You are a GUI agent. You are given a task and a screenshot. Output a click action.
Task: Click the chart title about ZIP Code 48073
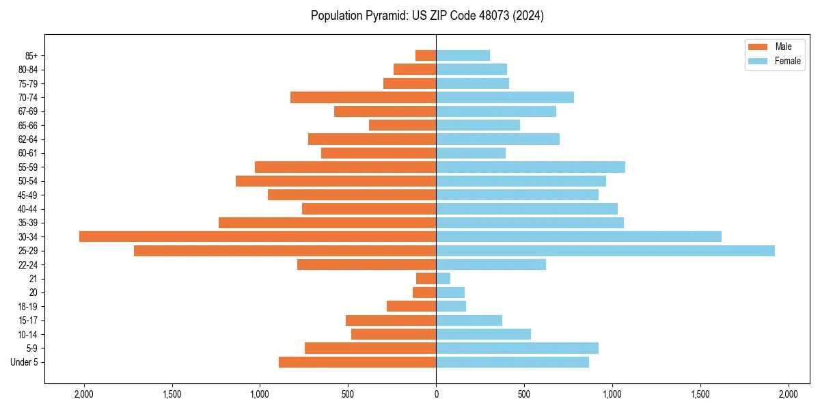click(427, 16)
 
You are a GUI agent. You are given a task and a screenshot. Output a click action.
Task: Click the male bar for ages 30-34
click(258, 236)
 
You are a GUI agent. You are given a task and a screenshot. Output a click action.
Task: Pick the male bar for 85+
click(426, 55)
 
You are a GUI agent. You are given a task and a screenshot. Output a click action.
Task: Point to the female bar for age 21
click(443, 278)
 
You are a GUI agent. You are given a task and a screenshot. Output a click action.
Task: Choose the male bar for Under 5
click(357, 362)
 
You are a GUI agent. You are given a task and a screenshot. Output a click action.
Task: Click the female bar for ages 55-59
click(531, 167)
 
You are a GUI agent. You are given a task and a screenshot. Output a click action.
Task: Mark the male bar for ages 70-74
click(363, 97)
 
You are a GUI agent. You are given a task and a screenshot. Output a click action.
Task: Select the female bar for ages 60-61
click(471, 153)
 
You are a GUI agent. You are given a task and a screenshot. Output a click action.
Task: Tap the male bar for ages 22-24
click(367, 264)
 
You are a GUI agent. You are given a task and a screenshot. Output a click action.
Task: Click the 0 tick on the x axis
click(436, 394)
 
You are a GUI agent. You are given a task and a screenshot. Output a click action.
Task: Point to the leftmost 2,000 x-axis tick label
click(84, 394)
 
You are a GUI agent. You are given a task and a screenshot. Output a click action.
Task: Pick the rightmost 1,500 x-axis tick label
click(700, 394)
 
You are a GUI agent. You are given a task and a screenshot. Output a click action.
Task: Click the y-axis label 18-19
click(28, 306)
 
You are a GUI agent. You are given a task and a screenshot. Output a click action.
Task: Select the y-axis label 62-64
click(28, 139)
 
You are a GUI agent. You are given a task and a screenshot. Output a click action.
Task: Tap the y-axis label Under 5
click(25, 362)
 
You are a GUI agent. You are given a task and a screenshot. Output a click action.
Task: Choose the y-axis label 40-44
click(28, 208)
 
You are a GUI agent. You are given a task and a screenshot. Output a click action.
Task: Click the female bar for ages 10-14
click(484, 334)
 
